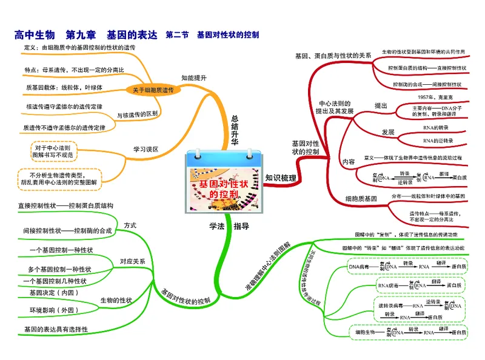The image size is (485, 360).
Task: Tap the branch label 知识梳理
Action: point(281,178)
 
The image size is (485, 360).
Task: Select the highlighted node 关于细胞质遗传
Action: point(153,90)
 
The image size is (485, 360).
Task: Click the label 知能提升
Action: point(194,78)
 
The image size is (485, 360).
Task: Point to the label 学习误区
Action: point(145,148)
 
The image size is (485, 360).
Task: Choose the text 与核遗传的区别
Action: point(138,114)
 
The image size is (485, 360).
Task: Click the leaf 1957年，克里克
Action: point(435,97)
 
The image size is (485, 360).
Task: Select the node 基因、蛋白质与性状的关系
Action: point(333,56)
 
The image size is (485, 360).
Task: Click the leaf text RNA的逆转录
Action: point(436,141)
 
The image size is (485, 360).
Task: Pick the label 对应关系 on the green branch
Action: point(132,261)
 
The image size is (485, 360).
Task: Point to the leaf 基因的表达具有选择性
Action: point(56,329)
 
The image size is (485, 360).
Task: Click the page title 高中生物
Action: point(35,35)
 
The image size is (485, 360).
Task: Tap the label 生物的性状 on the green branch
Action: point(116,300)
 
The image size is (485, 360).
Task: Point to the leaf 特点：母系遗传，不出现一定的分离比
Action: point(75,70)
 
